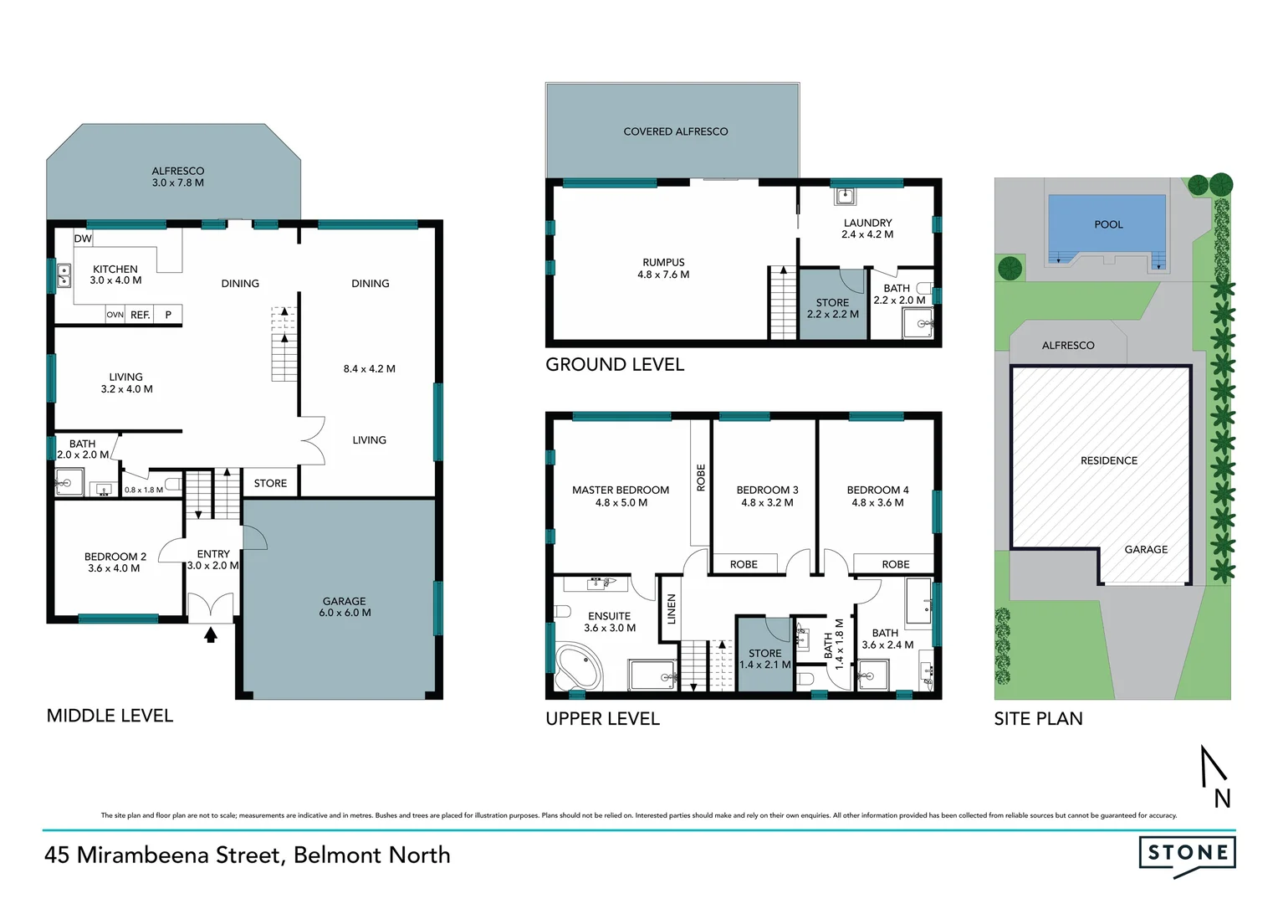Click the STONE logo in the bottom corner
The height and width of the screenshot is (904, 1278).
tap(1187, 854)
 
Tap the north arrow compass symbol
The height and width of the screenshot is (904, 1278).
tap(1215, 774)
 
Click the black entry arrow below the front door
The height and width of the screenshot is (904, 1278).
tap(211, 634)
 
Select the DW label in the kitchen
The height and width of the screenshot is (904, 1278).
tap(83, 239)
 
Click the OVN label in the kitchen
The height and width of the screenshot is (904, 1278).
tap(115, 315)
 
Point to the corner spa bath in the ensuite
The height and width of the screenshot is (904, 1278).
tap(578, 667)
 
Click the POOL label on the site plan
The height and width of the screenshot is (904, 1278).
tap(1108, 224)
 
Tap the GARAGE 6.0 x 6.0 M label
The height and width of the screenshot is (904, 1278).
tap(344, 607)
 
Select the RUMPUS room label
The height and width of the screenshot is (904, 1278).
tap(663, 268)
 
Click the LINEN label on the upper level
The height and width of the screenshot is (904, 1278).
tap(671, 609)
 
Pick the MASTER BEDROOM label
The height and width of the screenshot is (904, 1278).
tap(621, 496)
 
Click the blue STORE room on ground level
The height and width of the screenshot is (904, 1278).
tap(832, 308)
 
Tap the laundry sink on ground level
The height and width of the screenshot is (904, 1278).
tap(845, 197)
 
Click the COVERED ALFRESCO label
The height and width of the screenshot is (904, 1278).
tap(675, 131)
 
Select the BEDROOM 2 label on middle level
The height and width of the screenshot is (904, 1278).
tap(115, 562)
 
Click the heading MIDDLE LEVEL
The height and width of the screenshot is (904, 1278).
tap(110, 716)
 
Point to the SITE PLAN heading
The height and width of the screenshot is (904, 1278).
tap(1038, 718)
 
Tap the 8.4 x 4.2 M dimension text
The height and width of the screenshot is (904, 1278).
tap(369, 368)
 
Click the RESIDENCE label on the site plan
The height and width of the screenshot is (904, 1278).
tap(1108, 460)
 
